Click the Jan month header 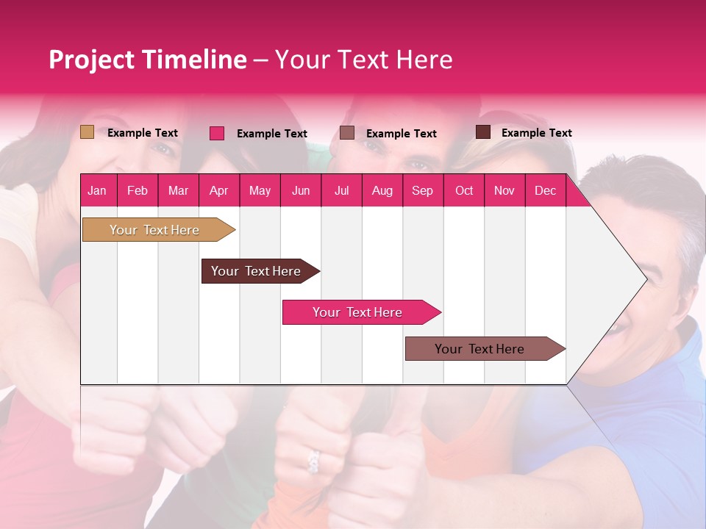click(97, 191)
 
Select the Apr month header click(218, 191)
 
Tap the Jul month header click(341, 191)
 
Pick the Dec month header click(545, 191)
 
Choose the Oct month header click(464, 191)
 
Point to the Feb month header click(138, 191)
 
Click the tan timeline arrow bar click(155, 230)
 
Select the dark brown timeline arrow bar click(257, 271)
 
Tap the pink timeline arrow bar click(358, 312)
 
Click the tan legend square click(87, 132)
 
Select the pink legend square click(217, 133)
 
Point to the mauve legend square click(347, 132)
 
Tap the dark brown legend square click(483, 132)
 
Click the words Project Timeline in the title click(147, 60)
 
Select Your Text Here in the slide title click(363, 60)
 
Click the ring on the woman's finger click(313, 461)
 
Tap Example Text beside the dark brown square click(536, 133)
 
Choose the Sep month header click(422, 191)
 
